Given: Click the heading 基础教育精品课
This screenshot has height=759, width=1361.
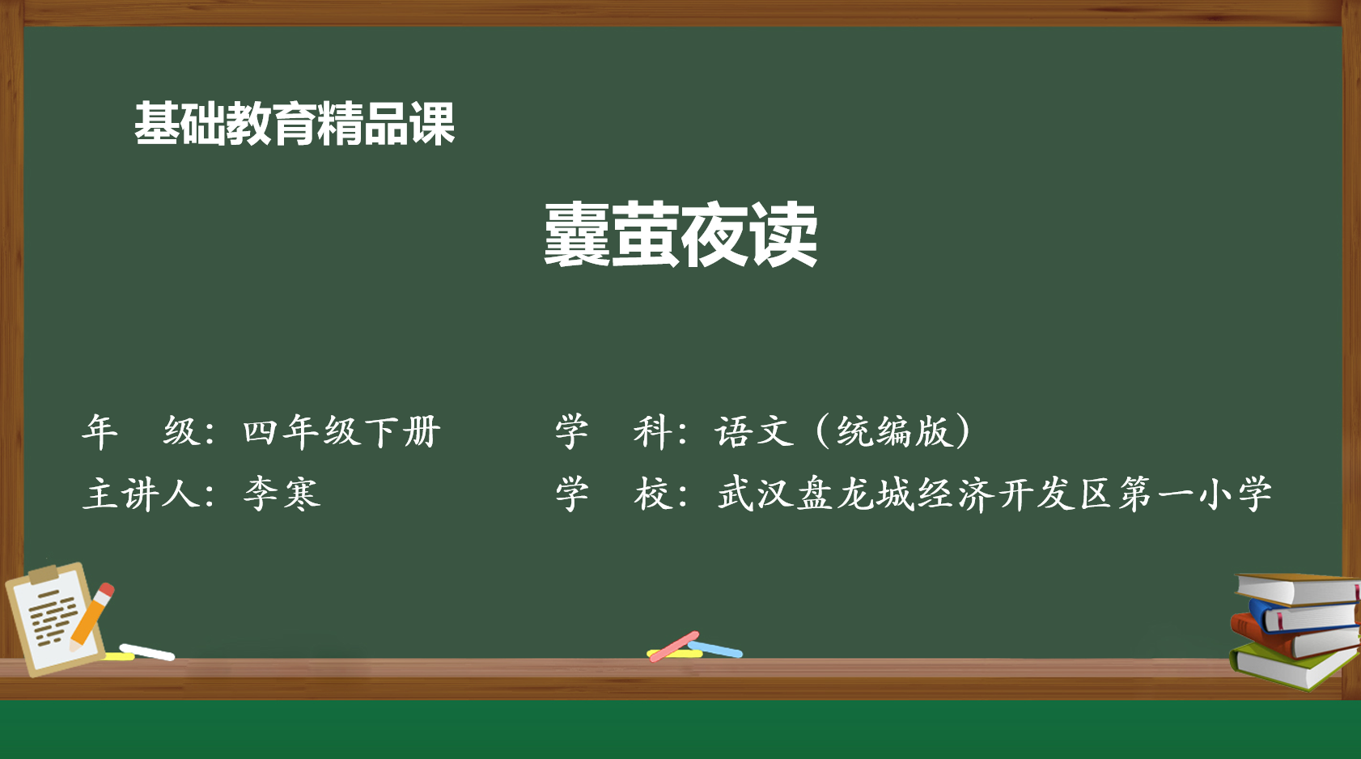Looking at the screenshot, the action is pyautogui.click(x=295, y=124).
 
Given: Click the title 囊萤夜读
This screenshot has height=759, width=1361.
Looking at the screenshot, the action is pyautogui.click(x=680, y=235).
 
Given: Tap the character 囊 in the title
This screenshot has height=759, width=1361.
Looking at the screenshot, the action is pyautogui.click(x=577, y=235).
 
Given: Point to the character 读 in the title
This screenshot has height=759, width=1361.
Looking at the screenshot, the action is pyautogui.click(x=784, y=235).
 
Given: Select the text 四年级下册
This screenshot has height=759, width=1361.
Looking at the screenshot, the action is pyautogui.click(x=342, y=431).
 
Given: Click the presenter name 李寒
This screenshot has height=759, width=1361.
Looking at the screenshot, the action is pyautogui.click(x=282, y=494).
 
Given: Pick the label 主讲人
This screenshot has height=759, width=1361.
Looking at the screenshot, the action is pyautogui.click(x=142, y=494).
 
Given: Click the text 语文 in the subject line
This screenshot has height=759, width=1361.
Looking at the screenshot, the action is pyautogui.click(x=754, y=431).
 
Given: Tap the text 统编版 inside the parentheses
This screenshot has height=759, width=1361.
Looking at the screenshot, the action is pyautogui.click(x=894, y=431).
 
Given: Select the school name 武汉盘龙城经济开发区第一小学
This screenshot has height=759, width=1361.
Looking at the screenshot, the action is pyautogui.click(x=994, y=494).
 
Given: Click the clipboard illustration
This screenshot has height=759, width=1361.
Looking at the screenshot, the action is pyautogui.click(x=56, y=619).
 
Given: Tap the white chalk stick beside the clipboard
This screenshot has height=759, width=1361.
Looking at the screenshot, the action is pyautogui.click(x=147, y=652).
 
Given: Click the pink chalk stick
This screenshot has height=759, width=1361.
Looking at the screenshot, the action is pyautogui.click(x=674, y=647).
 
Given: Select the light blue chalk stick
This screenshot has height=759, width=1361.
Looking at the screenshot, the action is pyautogui.click(x=715, y=649).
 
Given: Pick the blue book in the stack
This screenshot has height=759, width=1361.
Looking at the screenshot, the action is pyautogui.click(x=1304, y=616).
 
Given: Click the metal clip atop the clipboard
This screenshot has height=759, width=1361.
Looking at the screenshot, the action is pyautogui.click(x=44, y=572).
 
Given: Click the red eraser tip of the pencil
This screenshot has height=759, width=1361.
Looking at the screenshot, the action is pyautogui.click(x=106, y=589).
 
